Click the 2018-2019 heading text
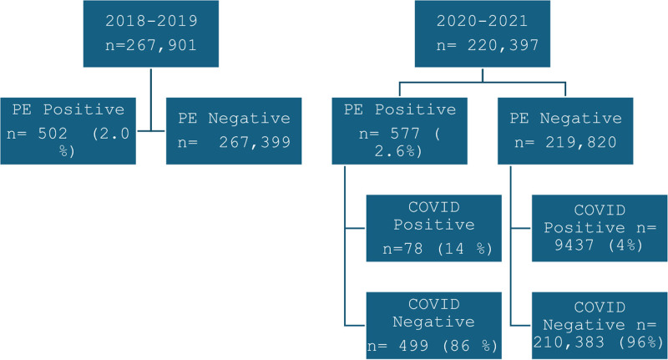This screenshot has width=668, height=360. (x=151, y=20)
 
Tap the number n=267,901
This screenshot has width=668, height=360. (x=151, y=45)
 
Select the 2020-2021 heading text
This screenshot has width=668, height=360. (x=482, y=20)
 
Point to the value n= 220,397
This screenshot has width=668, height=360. (x=488, y=45)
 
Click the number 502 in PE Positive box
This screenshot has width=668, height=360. (x=53, y=134)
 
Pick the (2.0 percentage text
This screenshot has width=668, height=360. (x=111, y=134)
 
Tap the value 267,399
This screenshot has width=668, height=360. (x=255, y=142)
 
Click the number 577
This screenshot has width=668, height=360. (x=405, y=134)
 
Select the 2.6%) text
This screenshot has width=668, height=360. (x=398, y=151)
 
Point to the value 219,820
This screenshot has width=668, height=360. (x=580, y=142)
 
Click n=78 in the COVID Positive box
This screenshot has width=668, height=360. (x=402, y=248)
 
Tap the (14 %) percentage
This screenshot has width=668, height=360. (x=465, y=248)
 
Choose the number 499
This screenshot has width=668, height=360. (x=413, y=346)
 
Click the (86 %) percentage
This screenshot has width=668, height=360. (x=470, y=346)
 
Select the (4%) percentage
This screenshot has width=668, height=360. (x=625, y=245)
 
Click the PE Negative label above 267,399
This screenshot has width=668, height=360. (x=234, y=118)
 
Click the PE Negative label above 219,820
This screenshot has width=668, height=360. (x=566, y=118)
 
